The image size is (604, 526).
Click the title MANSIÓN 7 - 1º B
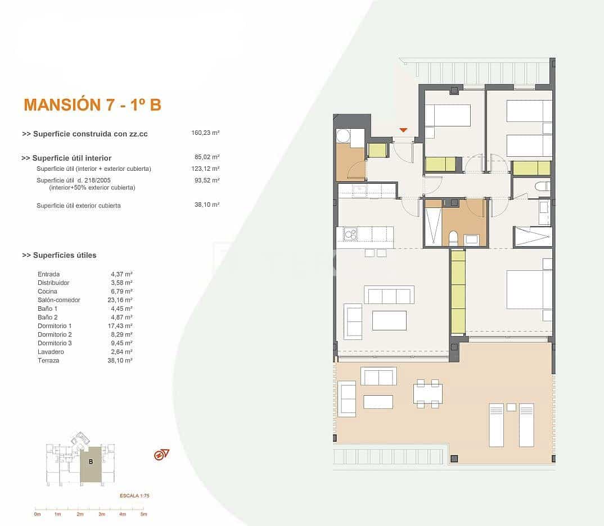(92, 105)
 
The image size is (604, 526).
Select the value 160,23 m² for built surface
(205, 133)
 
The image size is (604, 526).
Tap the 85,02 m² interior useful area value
(206, 157)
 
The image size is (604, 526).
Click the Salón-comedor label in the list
(58, 300)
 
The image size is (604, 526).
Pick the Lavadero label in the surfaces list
(50, 352)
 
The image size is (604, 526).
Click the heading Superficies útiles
(59, 255)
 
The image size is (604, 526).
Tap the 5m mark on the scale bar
(143, 514)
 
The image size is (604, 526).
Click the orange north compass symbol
(162, 455)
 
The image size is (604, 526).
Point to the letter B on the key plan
(91, 461)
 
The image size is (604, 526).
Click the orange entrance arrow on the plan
(403, 130)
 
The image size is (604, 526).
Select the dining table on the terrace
(427, 393)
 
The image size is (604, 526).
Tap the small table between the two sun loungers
(511, 407)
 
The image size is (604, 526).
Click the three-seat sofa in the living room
(389, 295)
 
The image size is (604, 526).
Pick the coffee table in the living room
(389, 320)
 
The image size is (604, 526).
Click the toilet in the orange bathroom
(453, 237)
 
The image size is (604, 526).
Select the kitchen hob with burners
(350, 234)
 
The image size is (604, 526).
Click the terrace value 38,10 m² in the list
(120, 361)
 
